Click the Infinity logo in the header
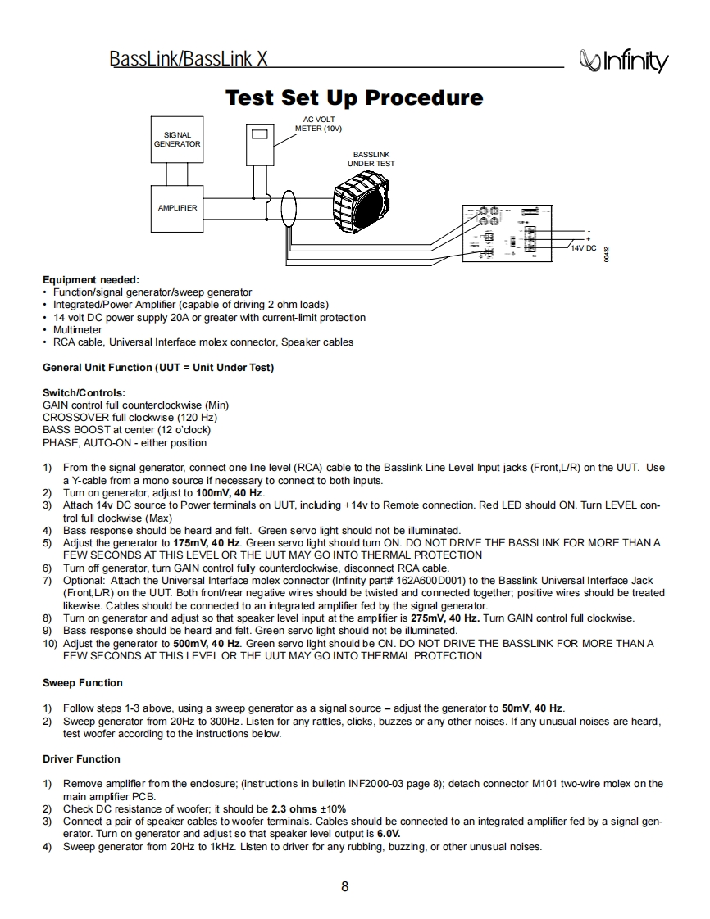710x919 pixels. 623,61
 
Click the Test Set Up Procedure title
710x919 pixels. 354,98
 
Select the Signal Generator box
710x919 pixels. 176,139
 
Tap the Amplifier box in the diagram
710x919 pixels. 177,208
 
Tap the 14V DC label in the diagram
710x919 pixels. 583,247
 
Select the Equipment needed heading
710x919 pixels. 90,279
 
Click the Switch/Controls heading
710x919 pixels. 84,393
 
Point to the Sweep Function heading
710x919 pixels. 82,683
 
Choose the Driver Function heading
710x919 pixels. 81,758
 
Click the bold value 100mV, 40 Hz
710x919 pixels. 230,493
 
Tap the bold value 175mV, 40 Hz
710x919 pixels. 207,543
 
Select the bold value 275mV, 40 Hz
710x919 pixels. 444,618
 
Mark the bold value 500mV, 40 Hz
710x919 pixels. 207,644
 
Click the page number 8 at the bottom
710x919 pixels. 345,887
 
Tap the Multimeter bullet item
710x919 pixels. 78,329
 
